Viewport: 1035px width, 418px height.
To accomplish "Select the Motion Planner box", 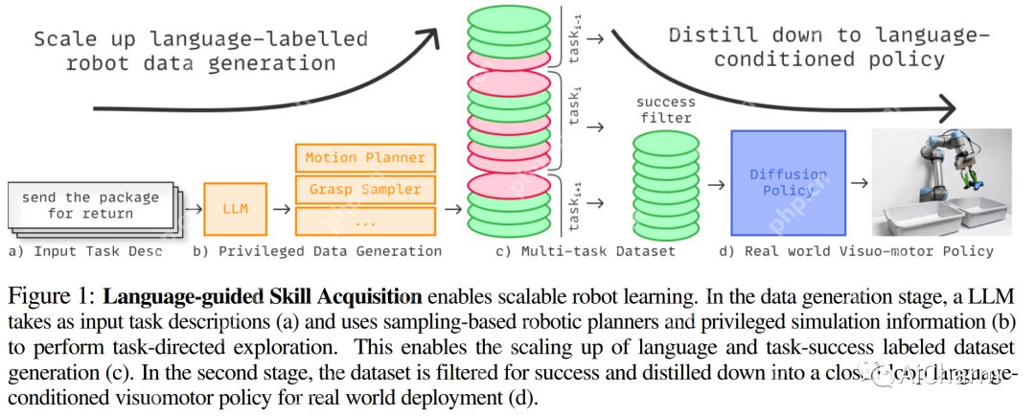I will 364,157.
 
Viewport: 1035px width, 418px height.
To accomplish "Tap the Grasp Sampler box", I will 364,189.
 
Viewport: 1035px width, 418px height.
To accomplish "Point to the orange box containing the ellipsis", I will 364,221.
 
